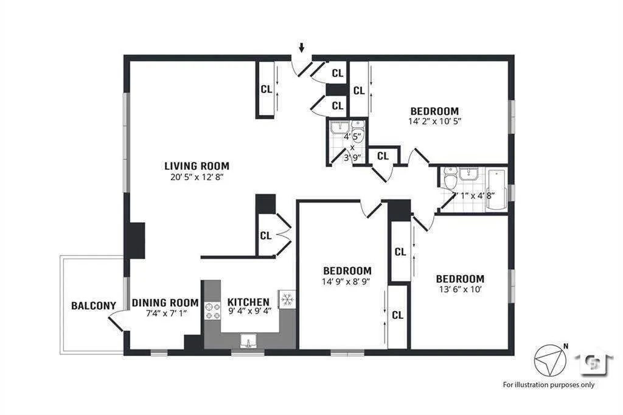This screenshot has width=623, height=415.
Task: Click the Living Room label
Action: tap(197, 166)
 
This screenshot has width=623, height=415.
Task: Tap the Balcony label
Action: tap(89, 305)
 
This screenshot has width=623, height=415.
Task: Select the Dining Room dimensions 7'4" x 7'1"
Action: tap(165, 313)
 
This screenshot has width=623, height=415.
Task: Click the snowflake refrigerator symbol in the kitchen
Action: tap(287, 299)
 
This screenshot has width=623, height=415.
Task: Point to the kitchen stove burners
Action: tap(212, 311)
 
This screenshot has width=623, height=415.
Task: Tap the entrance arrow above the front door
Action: tap(301, 47)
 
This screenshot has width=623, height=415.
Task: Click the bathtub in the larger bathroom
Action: tap(496, 189)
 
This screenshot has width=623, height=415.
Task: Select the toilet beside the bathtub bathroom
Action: tap(450, 180)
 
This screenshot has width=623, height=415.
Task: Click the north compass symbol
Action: tap(549, 359)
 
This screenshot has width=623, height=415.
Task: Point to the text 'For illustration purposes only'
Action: tap(549, 385)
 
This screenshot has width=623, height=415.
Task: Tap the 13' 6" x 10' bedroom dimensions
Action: tap(460, 290)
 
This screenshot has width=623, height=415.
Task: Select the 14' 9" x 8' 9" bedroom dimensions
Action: tap(347, 282)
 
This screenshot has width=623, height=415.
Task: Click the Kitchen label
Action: tap(248, 302)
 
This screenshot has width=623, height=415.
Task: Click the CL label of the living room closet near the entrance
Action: tap(266, 89)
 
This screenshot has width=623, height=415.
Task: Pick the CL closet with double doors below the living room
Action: tap(266, 235)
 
